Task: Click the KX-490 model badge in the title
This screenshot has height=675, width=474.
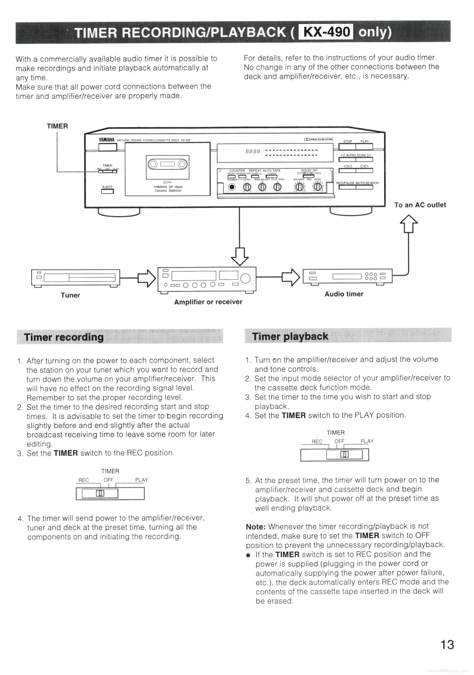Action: click(326, 32)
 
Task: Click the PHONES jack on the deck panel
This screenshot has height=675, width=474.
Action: click(232, 187)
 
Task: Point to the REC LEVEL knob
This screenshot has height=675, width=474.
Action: click(317, 187)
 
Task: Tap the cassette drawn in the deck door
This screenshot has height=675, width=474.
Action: click(167, 164)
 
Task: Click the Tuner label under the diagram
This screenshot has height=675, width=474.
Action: click(70, 295)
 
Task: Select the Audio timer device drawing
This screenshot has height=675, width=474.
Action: click(347, 277)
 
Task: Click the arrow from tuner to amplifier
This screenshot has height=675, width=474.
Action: click(144, 278)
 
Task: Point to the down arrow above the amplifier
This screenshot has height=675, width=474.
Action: click(240, 256)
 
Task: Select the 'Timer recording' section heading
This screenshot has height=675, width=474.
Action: click(64, 337)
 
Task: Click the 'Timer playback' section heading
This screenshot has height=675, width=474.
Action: click(290, 336)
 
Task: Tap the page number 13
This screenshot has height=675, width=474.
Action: click(447, 645)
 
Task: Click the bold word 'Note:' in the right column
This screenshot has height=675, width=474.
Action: click(256, 526)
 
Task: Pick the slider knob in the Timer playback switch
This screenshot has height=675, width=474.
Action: click(345, 454)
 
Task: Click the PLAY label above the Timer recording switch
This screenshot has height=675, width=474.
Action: click(142, 480)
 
